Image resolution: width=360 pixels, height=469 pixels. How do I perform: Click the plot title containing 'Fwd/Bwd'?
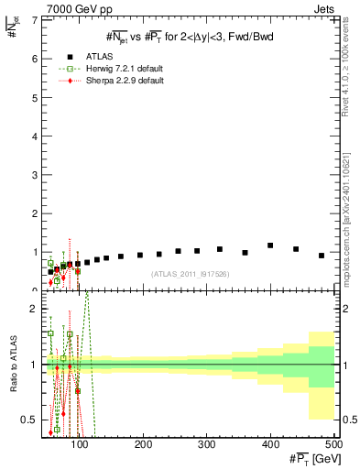click(x=190, y=37)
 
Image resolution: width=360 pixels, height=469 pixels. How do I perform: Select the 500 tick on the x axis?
click(x=333, y=444)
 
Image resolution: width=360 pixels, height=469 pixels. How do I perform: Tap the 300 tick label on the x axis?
click(x=206, y=444)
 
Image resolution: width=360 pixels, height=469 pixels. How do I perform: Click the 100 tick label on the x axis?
click(x=80, y=444)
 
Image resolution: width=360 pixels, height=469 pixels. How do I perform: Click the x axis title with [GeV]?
click(x=311, y=458)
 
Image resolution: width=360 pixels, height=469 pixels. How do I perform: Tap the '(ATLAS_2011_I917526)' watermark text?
click(x=190, y=273)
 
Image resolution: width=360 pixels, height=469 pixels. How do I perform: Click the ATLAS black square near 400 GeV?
click(x=270, y=245)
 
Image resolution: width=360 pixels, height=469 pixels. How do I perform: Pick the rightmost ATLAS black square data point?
click(x=322, y=256)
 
